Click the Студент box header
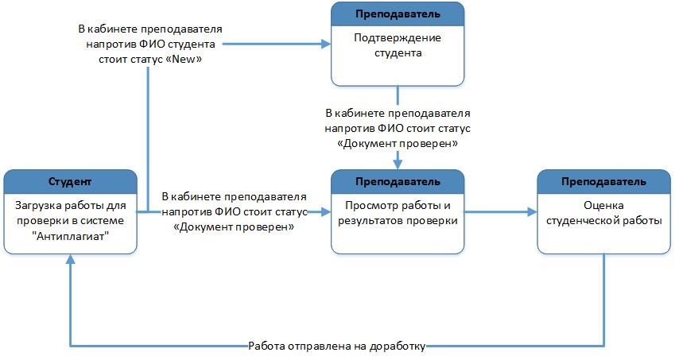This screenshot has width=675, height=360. [70, 181]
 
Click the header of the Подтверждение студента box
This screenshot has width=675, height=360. [398, 14]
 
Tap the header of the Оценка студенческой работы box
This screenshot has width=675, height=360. [603, 181]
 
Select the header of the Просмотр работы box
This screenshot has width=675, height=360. [398, 181]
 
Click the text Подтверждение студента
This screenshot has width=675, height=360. [398, 45]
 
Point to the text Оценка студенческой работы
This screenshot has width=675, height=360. [603, 213]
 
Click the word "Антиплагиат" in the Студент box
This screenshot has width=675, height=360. [70, 236]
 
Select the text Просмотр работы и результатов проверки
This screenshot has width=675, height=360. [398, 213]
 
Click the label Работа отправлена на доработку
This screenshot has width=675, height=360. [336, 346]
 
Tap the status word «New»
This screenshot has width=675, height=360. [186, 59]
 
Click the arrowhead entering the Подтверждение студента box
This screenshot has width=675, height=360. [325, 44]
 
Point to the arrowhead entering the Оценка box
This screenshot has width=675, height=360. [532, 211]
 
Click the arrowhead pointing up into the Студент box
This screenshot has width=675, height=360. [70, 259]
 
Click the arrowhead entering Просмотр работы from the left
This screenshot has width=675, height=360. [325, 211]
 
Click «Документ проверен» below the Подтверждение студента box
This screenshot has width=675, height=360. [397, 143]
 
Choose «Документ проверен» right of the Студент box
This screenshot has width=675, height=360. [234, 226]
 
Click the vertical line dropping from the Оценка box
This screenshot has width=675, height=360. [603, 300]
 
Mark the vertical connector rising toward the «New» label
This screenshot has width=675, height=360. [148, 139]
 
